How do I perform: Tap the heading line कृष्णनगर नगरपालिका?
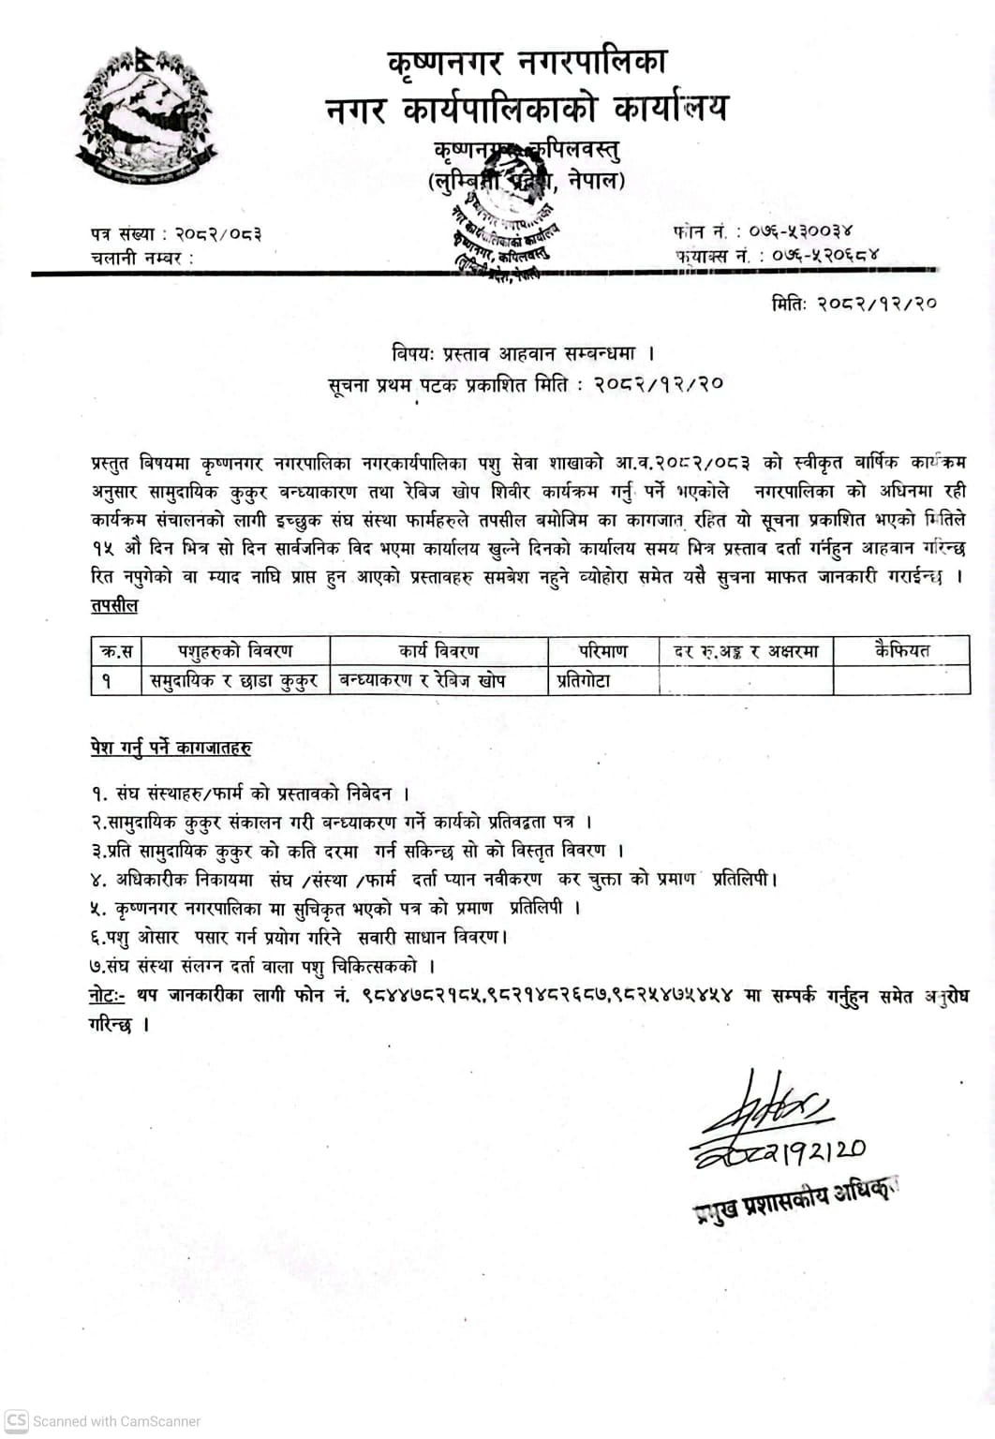tap(528, 62)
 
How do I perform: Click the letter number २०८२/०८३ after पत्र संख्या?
tap(219, 234)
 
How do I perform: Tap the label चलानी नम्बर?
tap(141, 258)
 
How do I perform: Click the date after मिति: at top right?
tap(877, 303)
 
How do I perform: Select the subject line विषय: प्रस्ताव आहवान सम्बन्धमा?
tap(522, 354)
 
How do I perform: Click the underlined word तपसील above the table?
tap(114, 605)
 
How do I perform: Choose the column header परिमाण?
tap(602, 650)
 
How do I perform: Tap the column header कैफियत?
tap(901, 650)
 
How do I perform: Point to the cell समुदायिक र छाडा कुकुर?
tap(235, 681)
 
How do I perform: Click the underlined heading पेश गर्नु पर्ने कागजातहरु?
tap(171, 748)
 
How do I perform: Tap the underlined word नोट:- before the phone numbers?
tap(106, 995)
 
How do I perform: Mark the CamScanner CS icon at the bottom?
tap(17, 1420)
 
